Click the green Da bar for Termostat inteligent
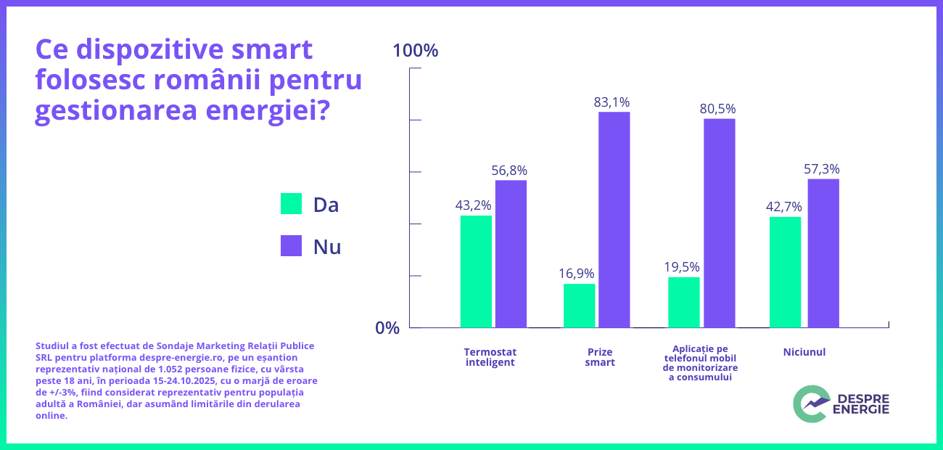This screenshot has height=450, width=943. click(x=476, y=271)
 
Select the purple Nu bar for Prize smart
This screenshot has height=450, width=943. click(x=614, y=219)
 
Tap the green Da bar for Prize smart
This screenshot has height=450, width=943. click(x=579, y=306)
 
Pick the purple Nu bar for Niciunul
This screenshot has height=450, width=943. click(x=823, y=253)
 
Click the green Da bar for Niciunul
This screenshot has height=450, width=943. click(x=785, y=272)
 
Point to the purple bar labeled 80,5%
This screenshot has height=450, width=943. click(x=719, y=223)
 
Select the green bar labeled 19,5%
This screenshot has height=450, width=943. click(x=683, y=302)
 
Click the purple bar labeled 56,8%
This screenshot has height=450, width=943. click(x=511, y=253)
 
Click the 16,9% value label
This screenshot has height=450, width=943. click(x=577, y=274)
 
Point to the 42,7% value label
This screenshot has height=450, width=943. click(x=783, y=207)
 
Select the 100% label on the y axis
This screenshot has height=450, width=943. click(x=415, y=51)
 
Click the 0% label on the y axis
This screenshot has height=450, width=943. click(x=387, y=328)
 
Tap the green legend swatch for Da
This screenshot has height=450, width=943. click(x=291, y=204)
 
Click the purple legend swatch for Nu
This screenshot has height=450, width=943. click(x=291, y=246)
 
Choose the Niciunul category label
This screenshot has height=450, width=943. click(x=804, y=352)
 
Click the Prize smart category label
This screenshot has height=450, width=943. click(x=600, y=356)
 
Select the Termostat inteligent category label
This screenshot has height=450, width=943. click(x=490, y=356)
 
